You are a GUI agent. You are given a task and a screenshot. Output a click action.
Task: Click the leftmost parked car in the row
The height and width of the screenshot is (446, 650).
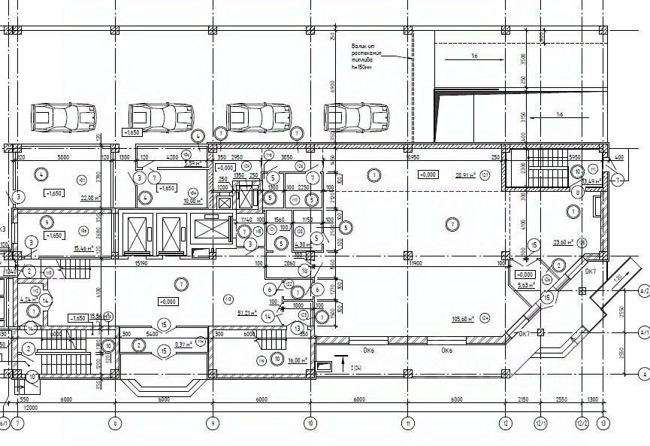tap(64, 117)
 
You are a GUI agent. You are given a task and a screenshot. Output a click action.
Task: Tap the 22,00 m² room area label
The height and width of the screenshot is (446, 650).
tap(90, 198)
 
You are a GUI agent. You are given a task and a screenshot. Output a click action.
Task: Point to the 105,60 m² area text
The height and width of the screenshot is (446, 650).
tap(466, 319)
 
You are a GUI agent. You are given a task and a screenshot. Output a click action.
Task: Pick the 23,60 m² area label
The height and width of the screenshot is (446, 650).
tap(564, 243)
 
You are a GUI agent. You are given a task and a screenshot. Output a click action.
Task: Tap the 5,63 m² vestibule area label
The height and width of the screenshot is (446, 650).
tap(526, 286)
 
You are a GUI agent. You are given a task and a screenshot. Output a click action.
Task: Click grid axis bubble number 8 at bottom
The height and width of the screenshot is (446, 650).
tap(115, 423)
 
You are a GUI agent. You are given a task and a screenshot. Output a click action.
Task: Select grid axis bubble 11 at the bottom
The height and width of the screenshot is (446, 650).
tap(408, 423)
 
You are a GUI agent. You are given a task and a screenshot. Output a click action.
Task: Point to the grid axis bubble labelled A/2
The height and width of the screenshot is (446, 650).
tap(643, 289)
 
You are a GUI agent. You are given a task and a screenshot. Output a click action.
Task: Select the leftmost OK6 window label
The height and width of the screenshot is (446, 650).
tap(368, 350)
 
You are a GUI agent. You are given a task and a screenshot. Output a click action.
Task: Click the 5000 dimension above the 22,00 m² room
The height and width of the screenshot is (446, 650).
tap(64, 157)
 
